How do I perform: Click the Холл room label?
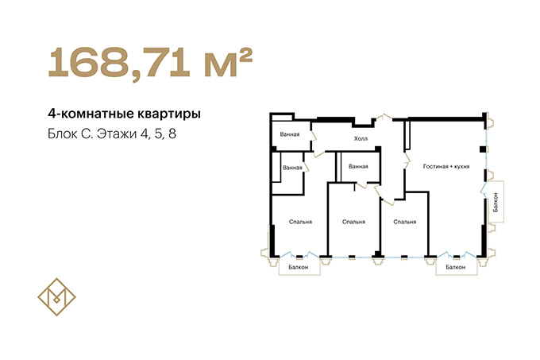[x=361, y=138]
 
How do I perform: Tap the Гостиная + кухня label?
[x=446, y=166]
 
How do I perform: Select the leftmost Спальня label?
[x=300, y=222]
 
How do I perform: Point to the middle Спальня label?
[x=353, y=222]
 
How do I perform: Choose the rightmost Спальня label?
[x=405, y=222]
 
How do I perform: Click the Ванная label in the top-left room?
[x=290, y=134]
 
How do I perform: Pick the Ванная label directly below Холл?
[x=358, y=166]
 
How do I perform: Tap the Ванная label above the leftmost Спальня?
[x=292, y=168]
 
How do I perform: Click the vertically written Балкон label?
[x=496, y=202]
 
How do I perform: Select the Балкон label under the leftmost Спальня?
[x=299, y=267]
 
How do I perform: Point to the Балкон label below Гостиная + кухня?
[x=455, y=267]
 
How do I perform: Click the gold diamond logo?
[x=57, y=297]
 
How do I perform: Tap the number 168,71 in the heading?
[x=119, y=62]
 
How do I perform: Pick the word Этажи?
[x=117, y=134]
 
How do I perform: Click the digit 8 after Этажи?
[x=172, y=134]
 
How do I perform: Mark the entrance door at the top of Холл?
[x=384, y=117]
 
